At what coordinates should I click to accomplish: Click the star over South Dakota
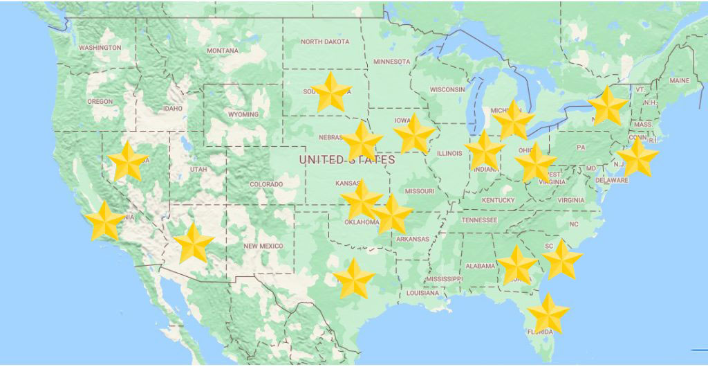[332, 92]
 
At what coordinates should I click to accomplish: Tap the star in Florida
[548, 313]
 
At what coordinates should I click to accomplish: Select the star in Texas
[354, 278]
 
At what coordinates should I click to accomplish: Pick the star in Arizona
[194, 244]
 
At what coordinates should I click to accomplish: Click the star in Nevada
[129, 161]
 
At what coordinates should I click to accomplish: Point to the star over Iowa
[414, 134]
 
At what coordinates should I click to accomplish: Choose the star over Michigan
[514, 120]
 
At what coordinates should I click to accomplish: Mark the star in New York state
[608, 107]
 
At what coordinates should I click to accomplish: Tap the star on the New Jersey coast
[637, 158]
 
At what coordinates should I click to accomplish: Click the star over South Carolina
[562, 260]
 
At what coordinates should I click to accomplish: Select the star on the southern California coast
[104, 221]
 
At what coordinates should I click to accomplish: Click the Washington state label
[100, 48]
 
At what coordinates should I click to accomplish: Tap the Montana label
[223, 51]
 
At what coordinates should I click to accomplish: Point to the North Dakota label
[325, 42]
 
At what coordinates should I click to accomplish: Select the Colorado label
[266, 184]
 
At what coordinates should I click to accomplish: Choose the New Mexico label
[263, 247]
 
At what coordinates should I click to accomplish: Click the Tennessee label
[479, 220]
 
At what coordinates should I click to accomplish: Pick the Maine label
[680, 81]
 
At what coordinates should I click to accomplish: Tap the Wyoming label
[243, 114]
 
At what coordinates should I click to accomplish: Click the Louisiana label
[422, 293]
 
